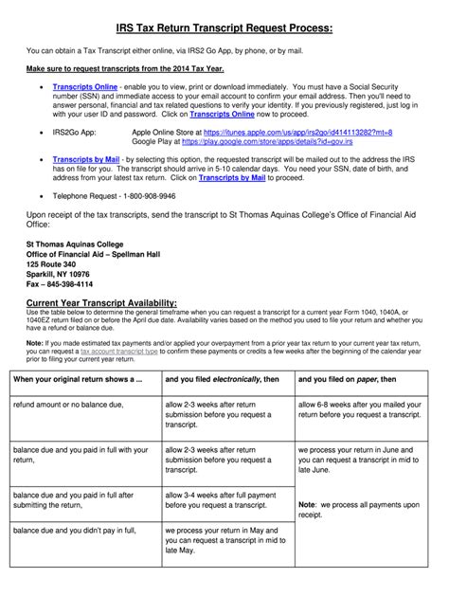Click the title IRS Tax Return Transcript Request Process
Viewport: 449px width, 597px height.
point(224,29)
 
